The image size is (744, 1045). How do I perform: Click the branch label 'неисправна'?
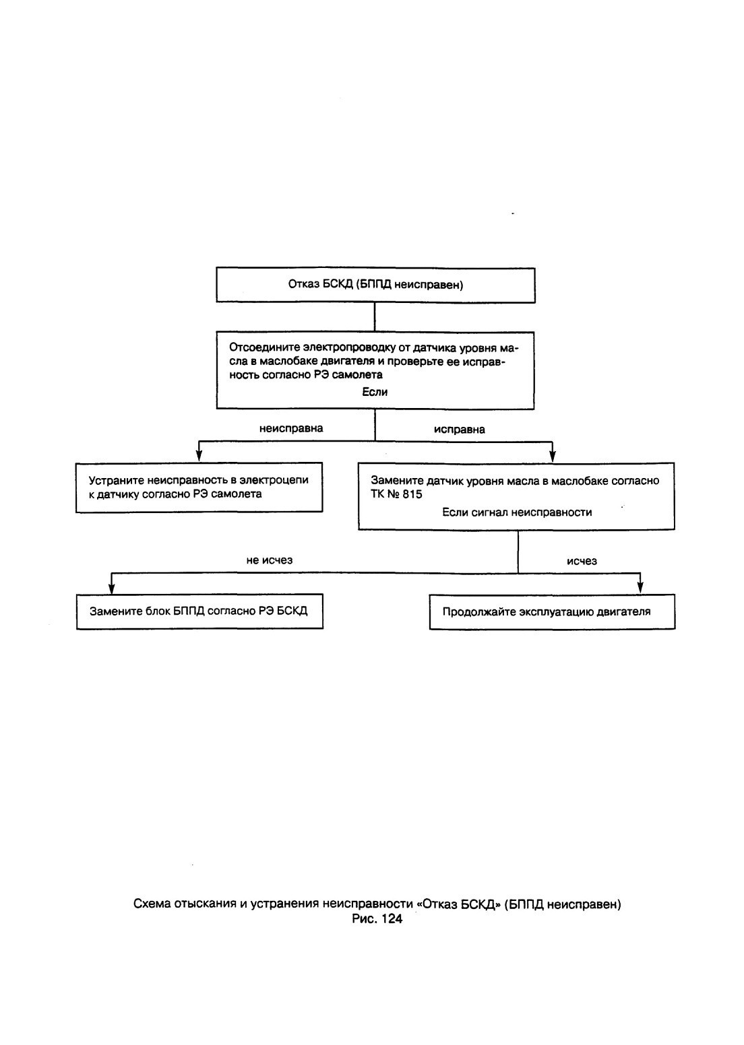click(291, 428)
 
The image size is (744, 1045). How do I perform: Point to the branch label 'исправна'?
click(460, 429)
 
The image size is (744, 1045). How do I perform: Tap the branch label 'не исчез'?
click(270, 560)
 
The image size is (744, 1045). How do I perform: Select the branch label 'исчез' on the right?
click(582, 561)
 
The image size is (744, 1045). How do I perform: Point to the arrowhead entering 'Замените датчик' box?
click(553, 457)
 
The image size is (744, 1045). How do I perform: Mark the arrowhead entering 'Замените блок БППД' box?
click(111, 588)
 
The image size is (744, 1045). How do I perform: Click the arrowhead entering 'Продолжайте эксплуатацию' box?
click(640, 588)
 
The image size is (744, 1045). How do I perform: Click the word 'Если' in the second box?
click(375, 392)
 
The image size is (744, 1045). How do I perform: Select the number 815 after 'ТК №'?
click(412, 494)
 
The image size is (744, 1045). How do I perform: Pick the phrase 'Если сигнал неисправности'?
click(517, 512)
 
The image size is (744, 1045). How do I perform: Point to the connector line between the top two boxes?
click(375, 317)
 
